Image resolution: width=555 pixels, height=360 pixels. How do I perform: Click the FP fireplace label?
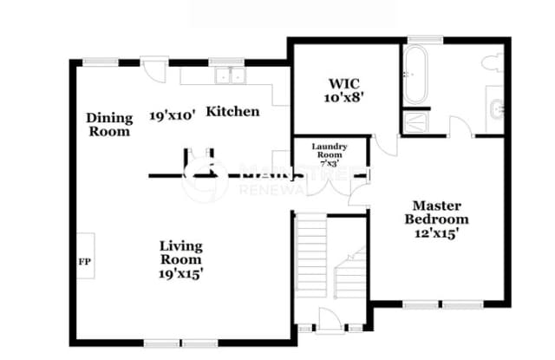point(84,260)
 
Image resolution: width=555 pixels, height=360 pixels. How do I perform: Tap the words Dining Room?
point(109,125)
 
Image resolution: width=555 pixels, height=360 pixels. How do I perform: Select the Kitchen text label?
point(232,112)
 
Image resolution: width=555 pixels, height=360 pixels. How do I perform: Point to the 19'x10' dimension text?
point(173,114)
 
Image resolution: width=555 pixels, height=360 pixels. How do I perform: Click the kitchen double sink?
point(230,75)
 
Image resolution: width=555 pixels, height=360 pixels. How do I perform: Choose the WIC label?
point(338,85)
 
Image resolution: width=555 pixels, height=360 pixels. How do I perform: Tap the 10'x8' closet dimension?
point(338,99)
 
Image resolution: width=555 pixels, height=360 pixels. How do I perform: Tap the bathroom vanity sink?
point(495,109)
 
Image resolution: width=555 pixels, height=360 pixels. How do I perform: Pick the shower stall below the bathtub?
point(412,121)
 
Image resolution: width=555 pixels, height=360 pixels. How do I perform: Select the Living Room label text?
point(181,252)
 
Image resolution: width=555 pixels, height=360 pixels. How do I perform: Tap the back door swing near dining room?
point(154,69)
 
